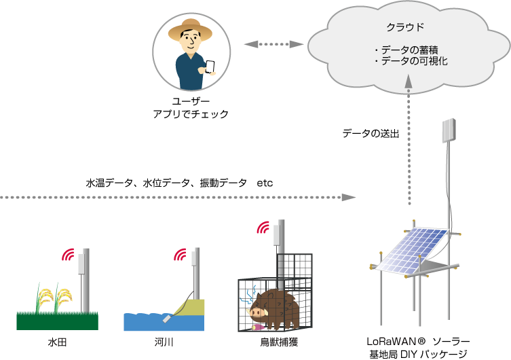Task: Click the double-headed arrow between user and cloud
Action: (x=271, y=44)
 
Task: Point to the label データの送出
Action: (x=371, y=133)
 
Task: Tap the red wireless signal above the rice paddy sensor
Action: (x=68, y=255)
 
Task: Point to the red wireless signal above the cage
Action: (x=262, y=228)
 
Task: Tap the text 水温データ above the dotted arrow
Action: (x=107, y=183)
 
